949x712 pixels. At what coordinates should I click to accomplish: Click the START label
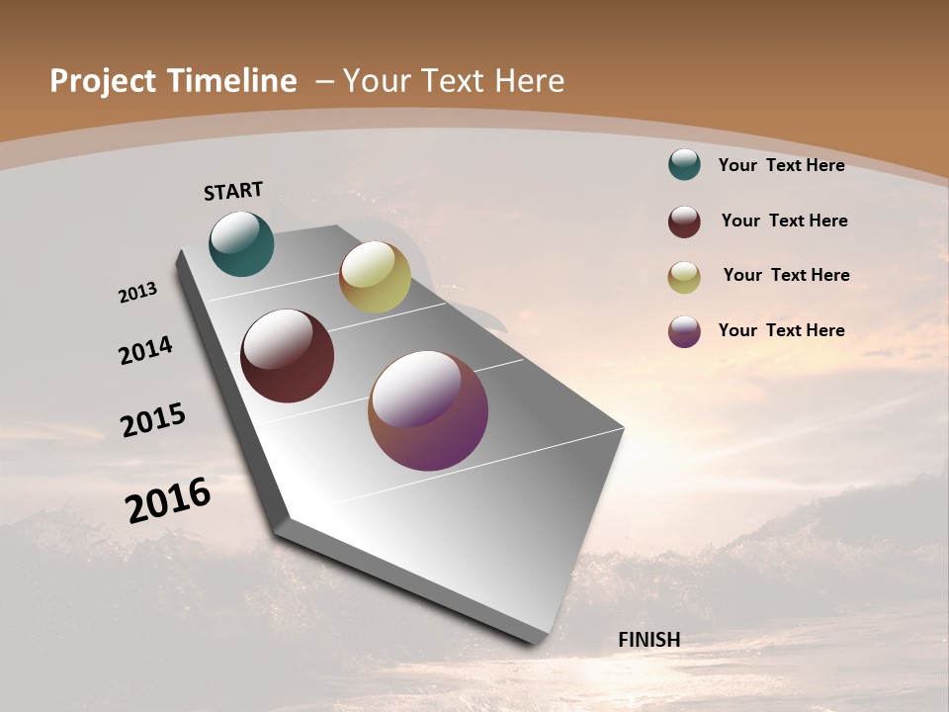tap(233, 191)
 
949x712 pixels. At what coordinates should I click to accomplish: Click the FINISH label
tap(648, 640)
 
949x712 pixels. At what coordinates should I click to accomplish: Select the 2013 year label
tap(137, 293)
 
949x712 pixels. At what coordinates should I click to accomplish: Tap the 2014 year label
tap(145, 350)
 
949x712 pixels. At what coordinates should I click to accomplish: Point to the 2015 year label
tap(153, 420)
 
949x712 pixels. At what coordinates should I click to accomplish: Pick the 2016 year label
tap(168, 500)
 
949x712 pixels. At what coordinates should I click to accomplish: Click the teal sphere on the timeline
tap(241, 243)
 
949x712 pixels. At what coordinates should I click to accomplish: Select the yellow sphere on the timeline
tap(375, 277)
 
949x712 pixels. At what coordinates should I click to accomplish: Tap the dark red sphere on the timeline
tap(287, 356)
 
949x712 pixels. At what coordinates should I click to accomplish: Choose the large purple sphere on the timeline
tap(428, 410)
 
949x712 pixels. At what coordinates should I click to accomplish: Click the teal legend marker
tap(684, 164)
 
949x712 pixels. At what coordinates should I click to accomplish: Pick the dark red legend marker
tap(684, 222)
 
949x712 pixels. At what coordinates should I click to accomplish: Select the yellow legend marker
tap(684, 277)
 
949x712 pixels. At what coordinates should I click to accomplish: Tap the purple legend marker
tap(684, 331)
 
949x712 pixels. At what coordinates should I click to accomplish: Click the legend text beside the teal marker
tap(781, 165)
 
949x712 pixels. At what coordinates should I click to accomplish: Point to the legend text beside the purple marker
tap(781, 330)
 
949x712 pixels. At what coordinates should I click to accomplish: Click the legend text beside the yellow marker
tap(786, 275)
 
